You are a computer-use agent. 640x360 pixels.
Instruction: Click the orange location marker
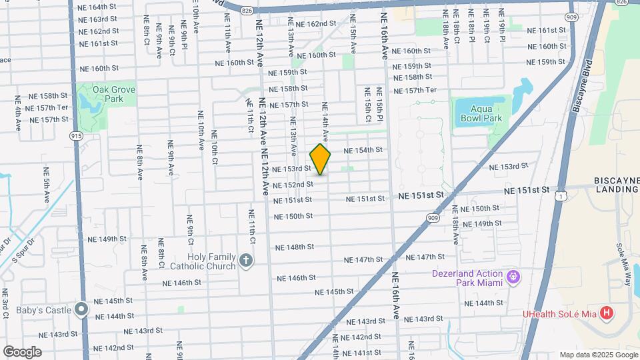click(x=321, y=159)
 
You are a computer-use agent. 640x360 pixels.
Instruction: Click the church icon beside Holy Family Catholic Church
click(x=246, y=261)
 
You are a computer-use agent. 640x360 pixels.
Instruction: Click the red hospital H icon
click(x=606, y=313)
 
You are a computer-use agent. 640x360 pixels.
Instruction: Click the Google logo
click(x=22, y=351)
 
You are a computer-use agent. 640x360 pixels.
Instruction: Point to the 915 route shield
click(x=75, y=135)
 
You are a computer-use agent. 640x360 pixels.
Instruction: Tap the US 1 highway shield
click(x=563, y=196)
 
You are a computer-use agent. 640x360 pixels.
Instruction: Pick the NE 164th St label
click(x=97, y=7)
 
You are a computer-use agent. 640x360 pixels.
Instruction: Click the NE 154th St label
click(x=363, y=151)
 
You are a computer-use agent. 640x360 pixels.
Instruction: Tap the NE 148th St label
click(x=294, y=247)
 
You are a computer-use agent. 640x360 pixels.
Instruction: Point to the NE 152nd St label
click(x=293, y=185)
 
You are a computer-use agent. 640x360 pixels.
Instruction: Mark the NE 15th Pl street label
click(x=379, y=105)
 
